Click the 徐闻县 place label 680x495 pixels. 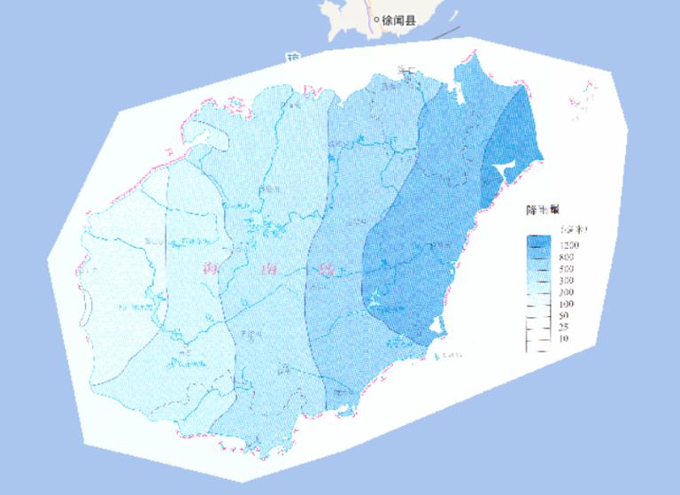(x=398, y=19)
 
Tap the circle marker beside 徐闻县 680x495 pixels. (x=376, y=19)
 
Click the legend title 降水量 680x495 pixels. (x=542, y=210)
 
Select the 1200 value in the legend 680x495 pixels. (x=568, y=244)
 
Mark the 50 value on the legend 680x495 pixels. (x=564, y=315)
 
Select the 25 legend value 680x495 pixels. (x=564, y=327)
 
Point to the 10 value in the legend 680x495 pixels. (x=564, y=339)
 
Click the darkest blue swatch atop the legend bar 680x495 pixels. (x=537, y=241)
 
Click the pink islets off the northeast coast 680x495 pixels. (x=587, y=97)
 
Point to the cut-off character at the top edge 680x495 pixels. (x=293, y=58)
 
